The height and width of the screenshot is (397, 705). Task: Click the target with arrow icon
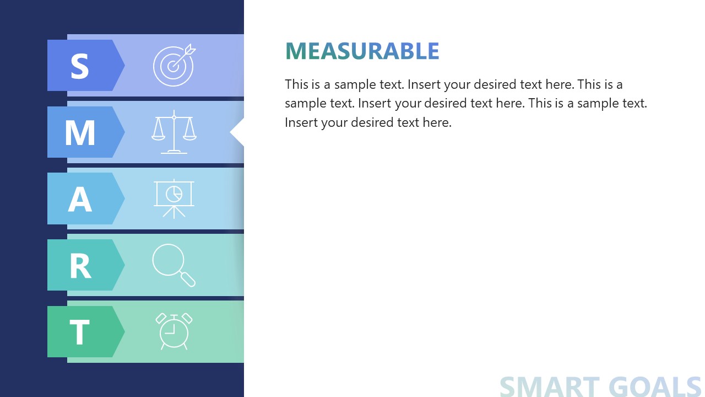(x=174, y=65)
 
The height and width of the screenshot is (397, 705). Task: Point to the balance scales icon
(x=174, y=132)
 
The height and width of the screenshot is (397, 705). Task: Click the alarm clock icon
(x=174, y=331)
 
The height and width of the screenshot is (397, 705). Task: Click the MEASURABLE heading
(x=362, y=51)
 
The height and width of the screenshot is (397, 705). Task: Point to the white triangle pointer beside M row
(x=237, y=132)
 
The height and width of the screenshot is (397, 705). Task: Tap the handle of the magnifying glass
(x=188, y=279)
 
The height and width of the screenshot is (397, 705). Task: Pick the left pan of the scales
(x=159, y=134)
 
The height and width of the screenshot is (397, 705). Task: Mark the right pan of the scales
(x=189, y=134)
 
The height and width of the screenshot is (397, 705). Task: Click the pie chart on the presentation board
(x=174, y=193)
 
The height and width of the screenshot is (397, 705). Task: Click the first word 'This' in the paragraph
(x=296, y=84)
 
